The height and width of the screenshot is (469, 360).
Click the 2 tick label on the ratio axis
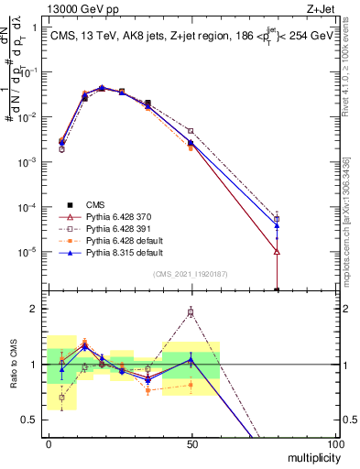coord(36,309)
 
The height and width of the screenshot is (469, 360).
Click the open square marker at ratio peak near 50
coord(191,312)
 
